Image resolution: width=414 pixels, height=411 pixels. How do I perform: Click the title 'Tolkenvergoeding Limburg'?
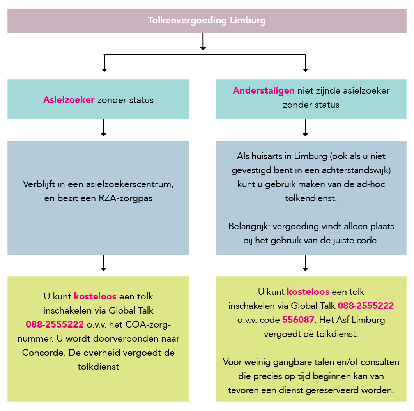207,21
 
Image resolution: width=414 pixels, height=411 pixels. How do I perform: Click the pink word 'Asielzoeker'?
69,100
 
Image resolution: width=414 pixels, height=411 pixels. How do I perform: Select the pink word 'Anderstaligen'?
264,91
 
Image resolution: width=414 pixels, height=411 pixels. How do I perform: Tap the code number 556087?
298,320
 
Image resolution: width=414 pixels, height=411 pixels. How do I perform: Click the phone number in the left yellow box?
55,324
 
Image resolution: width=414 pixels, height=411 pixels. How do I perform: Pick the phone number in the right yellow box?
366,306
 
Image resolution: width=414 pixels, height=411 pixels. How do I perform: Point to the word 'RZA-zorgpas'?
126,198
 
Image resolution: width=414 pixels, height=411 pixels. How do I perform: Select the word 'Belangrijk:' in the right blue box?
249,227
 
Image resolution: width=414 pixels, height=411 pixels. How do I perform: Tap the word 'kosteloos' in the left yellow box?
95,296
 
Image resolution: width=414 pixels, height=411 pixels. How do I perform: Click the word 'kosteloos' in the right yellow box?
308,292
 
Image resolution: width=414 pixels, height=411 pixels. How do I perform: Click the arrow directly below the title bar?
203,41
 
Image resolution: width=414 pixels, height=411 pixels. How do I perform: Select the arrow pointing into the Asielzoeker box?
104,63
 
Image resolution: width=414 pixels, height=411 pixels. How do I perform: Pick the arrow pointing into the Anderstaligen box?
306,63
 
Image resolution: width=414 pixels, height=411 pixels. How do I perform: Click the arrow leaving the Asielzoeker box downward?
104,128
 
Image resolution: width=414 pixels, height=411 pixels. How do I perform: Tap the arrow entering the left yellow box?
104,263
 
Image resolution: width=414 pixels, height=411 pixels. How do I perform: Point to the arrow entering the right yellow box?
306,263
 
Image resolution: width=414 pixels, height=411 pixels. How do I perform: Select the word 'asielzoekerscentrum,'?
130,184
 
